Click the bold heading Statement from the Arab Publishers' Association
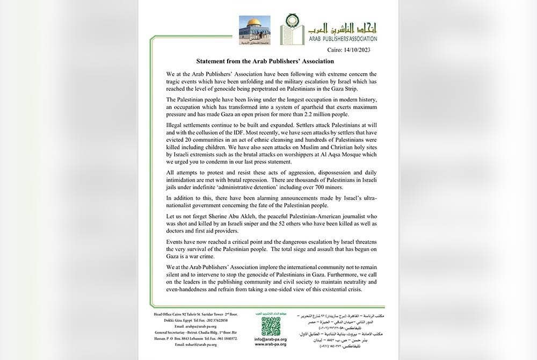coord(265,61)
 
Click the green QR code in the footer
coord(271,326)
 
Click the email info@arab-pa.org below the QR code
coord(271,339)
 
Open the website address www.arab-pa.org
coord(271,344)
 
